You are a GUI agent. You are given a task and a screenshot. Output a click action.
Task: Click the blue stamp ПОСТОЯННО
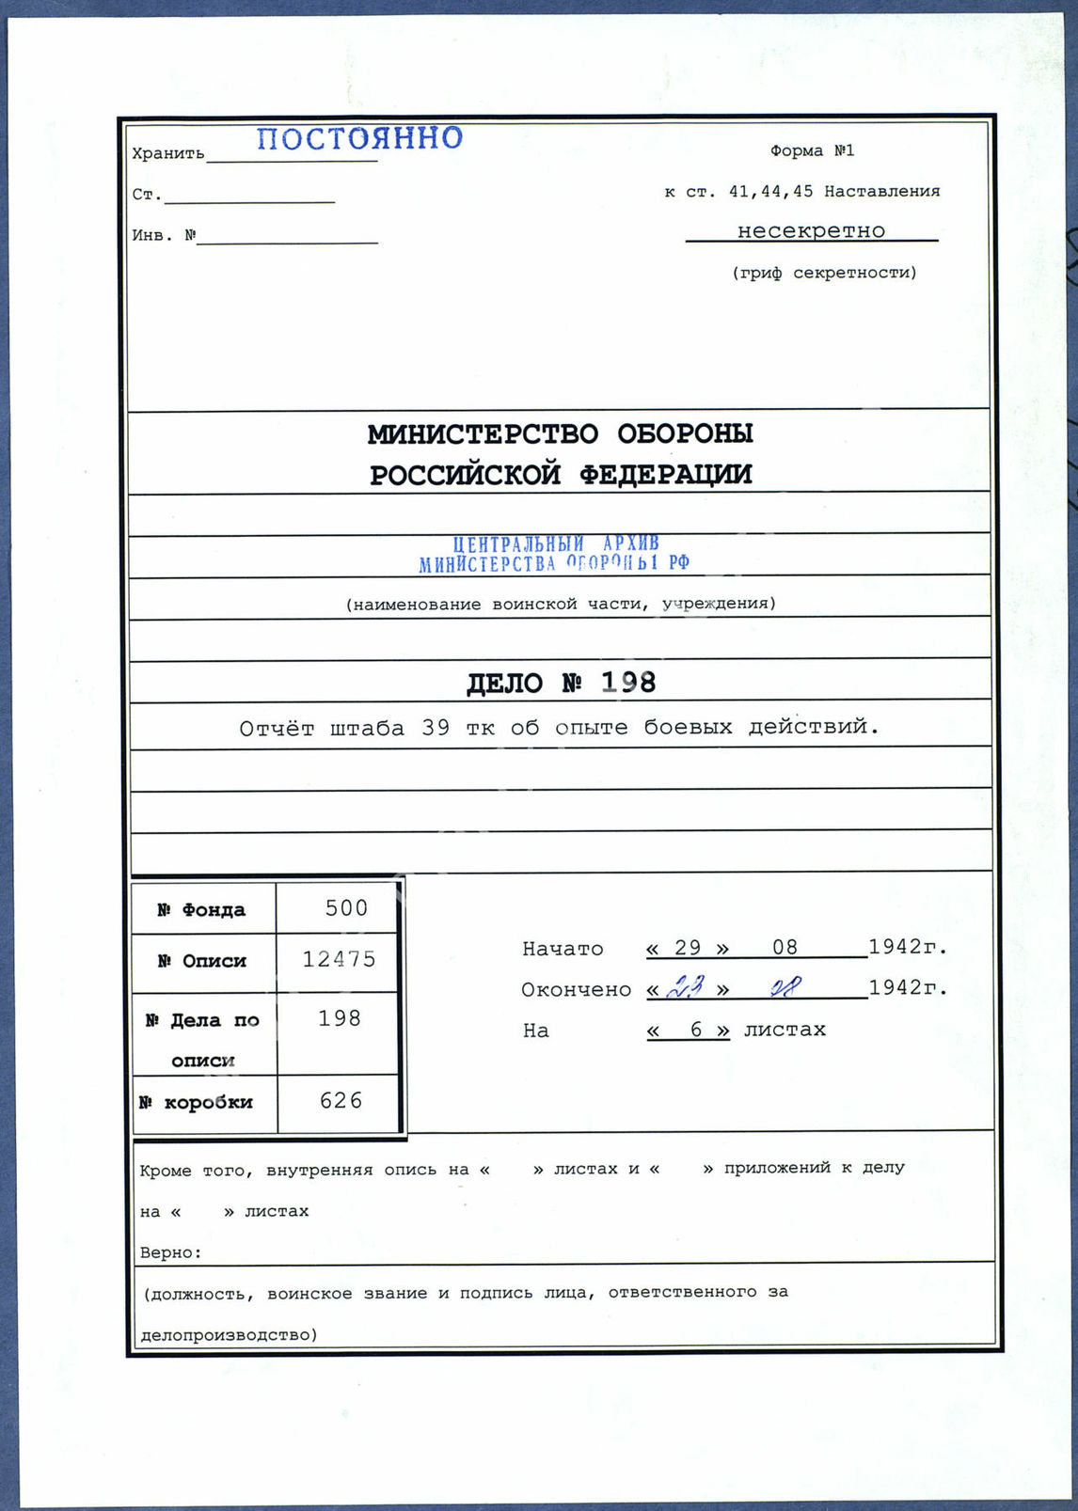tap(360, 139)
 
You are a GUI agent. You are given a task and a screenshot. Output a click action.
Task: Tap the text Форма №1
tap(812, 150)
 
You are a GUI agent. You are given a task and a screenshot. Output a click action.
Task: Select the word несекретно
tap(811, 230)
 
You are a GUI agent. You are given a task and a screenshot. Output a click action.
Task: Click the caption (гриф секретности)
tap(824, 273)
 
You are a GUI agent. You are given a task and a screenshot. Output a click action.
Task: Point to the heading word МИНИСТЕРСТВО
tap(482, 433)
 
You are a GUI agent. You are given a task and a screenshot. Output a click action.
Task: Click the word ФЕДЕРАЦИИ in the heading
tap(665, 474)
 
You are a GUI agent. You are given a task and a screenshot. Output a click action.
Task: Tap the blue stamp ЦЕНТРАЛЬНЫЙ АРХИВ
tap(555, 544)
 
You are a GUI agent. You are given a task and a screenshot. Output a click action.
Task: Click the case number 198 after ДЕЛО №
tap(628, 682)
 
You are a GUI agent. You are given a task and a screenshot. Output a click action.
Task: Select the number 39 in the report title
tap(435, 728)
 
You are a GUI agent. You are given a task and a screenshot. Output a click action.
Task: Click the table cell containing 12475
tap(339, 959)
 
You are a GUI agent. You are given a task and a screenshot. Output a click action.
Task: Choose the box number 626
tap(341, 1100)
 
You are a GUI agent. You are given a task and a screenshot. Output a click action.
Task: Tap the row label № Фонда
tap(201, 909)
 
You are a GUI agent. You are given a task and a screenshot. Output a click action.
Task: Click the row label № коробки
tap(197, 1102)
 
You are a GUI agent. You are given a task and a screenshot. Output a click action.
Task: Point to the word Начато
tap(563, 949)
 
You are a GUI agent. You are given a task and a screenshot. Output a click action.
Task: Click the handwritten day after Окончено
tap(685, 987)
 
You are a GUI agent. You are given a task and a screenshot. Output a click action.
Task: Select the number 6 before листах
tap(696, 1030)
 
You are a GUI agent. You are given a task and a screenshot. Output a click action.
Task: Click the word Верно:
tap(170, 1252)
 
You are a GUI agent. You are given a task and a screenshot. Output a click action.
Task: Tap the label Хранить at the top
tap(167, 153)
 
